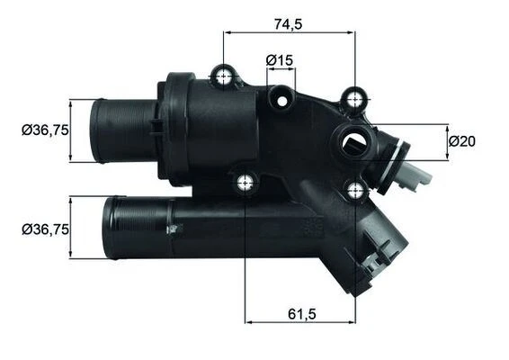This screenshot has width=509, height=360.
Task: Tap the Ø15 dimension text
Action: click(280, 60)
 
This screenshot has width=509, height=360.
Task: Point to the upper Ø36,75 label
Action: click(45, 130)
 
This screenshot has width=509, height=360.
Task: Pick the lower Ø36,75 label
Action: click(45, 229)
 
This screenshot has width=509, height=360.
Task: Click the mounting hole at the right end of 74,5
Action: click(356, 97)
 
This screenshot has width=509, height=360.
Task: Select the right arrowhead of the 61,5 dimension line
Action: click(351, 319)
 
